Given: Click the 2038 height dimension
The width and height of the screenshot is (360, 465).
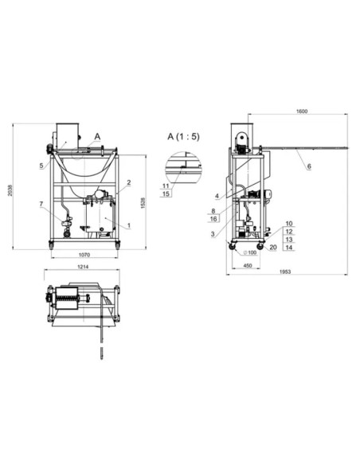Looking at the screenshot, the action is click(x=10, y=190).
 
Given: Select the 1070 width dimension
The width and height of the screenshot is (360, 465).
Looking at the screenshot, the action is click(x=84, y=255).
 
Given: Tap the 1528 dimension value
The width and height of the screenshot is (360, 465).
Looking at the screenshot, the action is click(x=143, y=203).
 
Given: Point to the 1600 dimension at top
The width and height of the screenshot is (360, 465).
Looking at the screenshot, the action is click(x=302, y=111).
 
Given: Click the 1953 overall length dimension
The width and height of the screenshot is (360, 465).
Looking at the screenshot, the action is click(x=285, y=272).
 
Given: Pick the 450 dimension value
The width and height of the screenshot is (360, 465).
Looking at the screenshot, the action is click(x=248, y=265).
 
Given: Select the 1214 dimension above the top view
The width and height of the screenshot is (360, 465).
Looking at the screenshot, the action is click(x=83, y=267).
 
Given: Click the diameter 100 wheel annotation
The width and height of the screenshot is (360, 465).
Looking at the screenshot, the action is click(x=250, y=252).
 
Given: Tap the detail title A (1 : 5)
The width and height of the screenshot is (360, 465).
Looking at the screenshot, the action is click(x=183, y=136).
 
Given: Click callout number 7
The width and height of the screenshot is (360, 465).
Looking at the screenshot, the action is click(x=41, y=204).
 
